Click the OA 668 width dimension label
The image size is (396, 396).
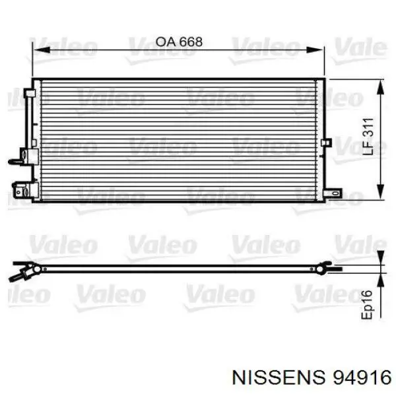(179, 42)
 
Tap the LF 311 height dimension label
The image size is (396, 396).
(368, 137)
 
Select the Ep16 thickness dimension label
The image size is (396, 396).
(367, 304)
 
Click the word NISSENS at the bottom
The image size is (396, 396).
(279, 378)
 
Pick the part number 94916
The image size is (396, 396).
(362, 378)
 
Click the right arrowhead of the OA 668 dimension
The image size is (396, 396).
(315, 49)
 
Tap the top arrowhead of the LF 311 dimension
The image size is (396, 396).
(380, 88)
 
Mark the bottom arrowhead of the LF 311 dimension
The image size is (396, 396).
(380, 191)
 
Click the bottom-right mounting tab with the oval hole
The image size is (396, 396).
(333, 193)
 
